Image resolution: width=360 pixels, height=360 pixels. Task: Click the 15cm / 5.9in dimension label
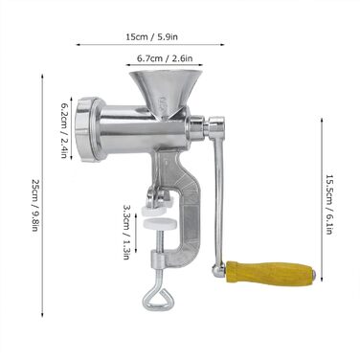151,37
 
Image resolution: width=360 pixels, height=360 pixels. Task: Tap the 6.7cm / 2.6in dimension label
165,58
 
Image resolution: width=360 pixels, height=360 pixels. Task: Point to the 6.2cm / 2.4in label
64,130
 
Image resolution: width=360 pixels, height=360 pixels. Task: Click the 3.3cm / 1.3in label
126,232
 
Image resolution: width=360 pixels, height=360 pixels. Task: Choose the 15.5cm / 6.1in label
329,204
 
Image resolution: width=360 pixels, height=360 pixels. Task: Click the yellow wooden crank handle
270,273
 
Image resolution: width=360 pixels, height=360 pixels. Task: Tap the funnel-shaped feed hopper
166,92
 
